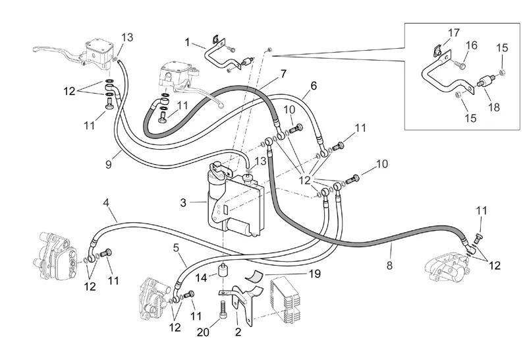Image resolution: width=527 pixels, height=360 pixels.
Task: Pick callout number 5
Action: [x=177, y=249]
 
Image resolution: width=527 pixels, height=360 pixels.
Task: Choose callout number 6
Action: [x=314, y=85]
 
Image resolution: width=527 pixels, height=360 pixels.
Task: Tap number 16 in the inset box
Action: [x=472, y=45]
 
